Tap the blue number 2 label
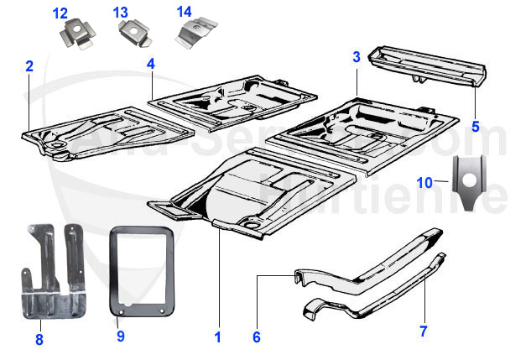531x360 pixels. coord(29,65)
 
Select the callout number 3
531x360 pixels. coord(356,57)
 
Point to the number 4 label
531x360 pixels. coord(150,64)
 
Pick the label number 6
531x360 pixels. coord(257,337)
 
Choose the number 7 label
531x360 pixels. coord(423,331)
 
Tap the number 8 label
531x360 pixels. coord(39,340)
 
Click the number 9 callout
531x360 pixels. coord(120,337)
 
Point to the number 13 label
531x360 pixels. coord(121,13)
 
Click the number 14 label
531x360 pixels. coord(185,12)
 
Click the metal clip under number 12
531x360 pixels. coord(77,36)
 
